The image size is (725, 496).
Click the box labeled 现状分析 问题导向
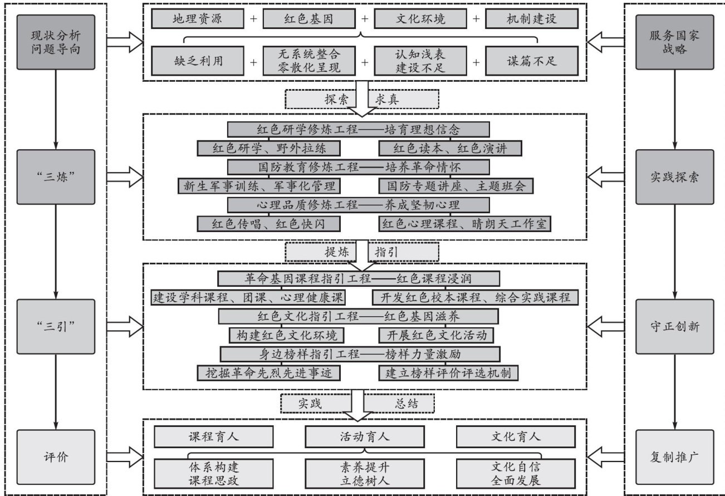(x=55, y=42)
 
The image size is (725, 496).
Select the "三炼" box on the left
(x=55, y=177)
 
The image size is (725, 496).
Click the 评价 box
(x=55, y=456)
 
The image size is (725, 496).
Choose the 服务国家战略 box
(x=674, y=42)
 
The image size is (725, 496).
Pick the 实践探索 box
(x=674, y=177)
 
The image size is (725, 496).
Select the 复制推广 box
(x=674, y=456)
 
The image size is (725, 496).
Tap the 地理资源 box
(x=198, y=19)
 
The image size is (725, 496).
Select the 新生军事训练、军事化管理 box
(x=259, y=185)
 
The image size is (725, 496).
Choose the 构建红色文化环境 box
(x=286, y=335)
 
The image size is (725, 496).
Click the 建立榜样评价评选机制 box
(x=448, y=373)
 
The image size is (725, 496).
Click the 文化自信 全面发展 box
(x=515, y=473)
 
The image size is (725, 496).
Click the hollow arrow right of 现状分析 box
(x=124, y=42)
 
